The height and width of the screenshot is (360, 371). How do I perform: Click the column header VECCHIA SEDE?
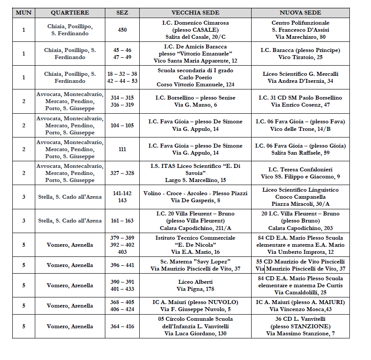(195, 13)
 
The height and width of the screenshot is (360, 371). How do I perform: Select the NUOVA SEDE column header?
(300, 13)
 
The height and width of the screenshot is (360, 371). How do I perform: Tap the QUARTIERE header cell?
(70, 13)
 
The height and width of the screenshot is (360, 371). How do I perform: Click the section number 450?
(122, 30)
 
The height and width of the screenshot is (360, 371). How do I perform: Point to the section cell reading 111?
(122, 149)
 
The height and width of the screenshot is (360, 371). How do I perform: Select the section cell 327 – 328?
(122, 173)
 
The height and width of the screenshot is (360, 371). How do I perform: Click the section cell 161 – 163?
(122, 221)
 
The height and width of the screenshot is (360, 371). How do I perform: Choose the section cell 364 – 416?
(122, 327)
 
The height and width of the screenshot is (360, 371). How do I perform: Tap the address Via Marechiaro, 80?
(300, 37)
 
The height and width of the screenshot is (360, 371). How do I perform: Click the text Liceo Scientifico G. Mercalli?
(300, 74)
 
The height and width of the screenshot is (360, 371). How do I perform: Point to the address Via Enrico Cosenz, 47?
(300, 105)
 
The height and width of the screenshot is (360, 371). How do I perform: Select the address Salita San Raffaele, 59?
(300, 153)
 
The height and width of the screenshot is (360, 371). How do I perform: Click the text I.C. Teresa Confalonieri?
(300, 170)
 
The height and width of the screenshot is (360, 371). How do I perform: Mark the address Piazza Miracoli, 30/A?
(300, 204)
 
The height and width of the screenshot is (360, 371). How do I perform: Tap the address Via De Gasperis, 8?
(195, 200)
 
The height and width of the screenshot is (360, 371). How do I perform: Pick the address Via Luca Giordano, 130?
(195, 334)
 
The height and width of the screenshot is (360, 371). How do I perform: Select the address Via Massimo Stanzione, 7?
(300, 334)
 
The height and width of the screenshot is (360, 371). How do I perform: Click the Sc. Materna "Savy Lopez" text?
(195, 262)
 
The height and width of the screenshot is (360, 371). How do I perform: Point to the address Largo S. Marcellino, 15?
(195, 180)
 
